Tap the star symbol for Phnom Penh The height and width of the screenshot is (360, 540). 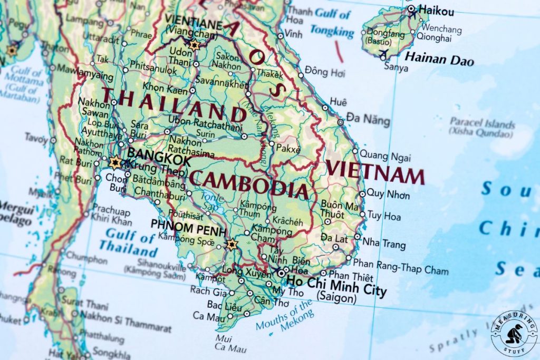[x=231, y=245]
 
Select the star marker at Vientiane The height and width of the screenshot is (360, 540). [x=194, y=45]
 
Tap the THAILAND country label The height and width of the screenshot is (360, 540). [x=173, y=105]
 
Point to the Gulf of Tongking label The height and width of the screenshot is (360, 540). [x=332, y=22]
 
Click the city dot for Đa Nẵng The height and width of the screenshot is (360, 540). [x=340, y=122]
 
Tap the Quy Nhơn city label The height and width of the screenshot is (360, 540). [x=388, y=194]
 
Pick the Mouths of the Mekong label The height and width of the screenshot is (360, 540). [x=285, y=316]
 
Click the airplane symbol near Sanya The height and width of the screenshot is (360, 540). [x=383, y=53]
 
